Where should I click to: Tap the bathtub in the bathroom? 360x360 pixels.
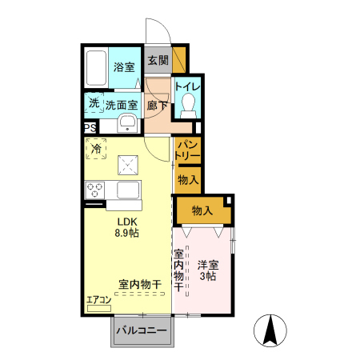96,68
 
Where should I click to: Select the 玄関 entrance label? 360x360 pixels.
158,60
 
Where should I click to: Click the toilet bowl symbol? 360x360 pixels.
189,103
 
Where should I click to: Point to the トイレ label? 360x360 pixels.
188,86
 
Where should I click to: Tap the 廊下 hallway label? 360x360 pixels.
158,104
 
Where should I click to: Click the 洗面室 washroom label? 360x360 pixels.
122,104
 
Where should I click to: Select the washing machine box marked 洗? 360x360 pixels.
94,103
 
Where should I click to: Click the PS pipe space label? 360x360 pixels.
89,127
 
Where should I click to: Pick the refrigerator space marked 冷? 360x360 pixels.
96,148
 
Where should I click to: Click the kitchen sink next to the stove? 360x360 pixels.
128,190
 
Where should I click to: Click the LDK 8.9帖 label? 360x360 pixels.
128,227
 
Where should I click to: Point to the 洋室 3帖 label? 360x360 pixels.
208,270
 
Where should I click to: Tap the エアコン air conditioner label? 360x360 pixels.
99,300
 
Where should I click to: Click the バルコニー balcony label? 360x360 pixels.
141,330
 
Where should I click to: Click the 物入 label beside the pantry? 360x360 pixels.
188,180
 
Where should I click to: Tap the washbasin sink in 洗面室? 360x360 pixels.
126,122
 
